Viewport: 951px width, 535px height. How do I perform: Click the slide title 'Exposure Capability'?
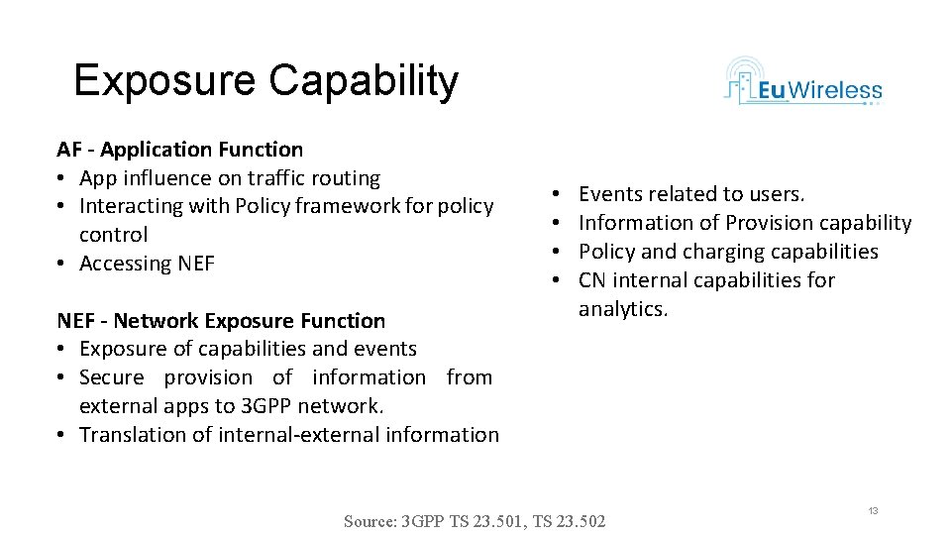(265, 80)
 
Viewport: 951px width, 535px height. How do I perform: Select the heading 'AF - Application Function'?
(179, 150)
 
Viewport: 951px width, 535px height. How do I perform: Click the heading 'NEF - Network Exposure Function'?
(221, 320)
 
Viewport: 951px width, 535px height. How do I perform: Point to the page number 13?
(873, 510)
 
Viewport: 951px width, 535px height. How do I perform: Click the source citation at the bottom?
(475, 521)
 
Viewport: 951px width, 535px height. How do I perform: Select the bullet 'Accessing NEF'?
(147, 264)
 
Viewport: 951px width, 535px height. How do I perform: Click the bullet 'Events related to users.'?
(691, 194)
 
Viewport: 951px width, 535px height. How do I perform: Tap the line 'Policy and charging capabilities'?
(728, 252)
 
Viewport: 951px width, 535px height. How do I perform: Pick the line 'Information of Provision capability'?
(744, 223)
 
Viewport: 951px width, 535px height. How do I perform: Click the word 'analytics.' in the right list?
(623, 309)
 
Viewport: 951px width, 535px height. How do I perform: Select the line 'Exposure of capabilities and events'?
(248, 349)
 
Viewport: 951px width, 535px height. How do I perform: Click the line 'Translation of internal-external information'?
(288, 434)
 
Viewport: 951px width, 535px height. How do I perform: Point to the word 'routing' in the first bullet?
(347, 178)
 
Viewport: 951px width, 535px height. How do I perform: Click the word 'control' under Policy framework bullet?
(113, 235)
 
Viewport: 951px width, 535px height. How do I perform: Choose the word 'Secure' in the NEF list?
(111, 377)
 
